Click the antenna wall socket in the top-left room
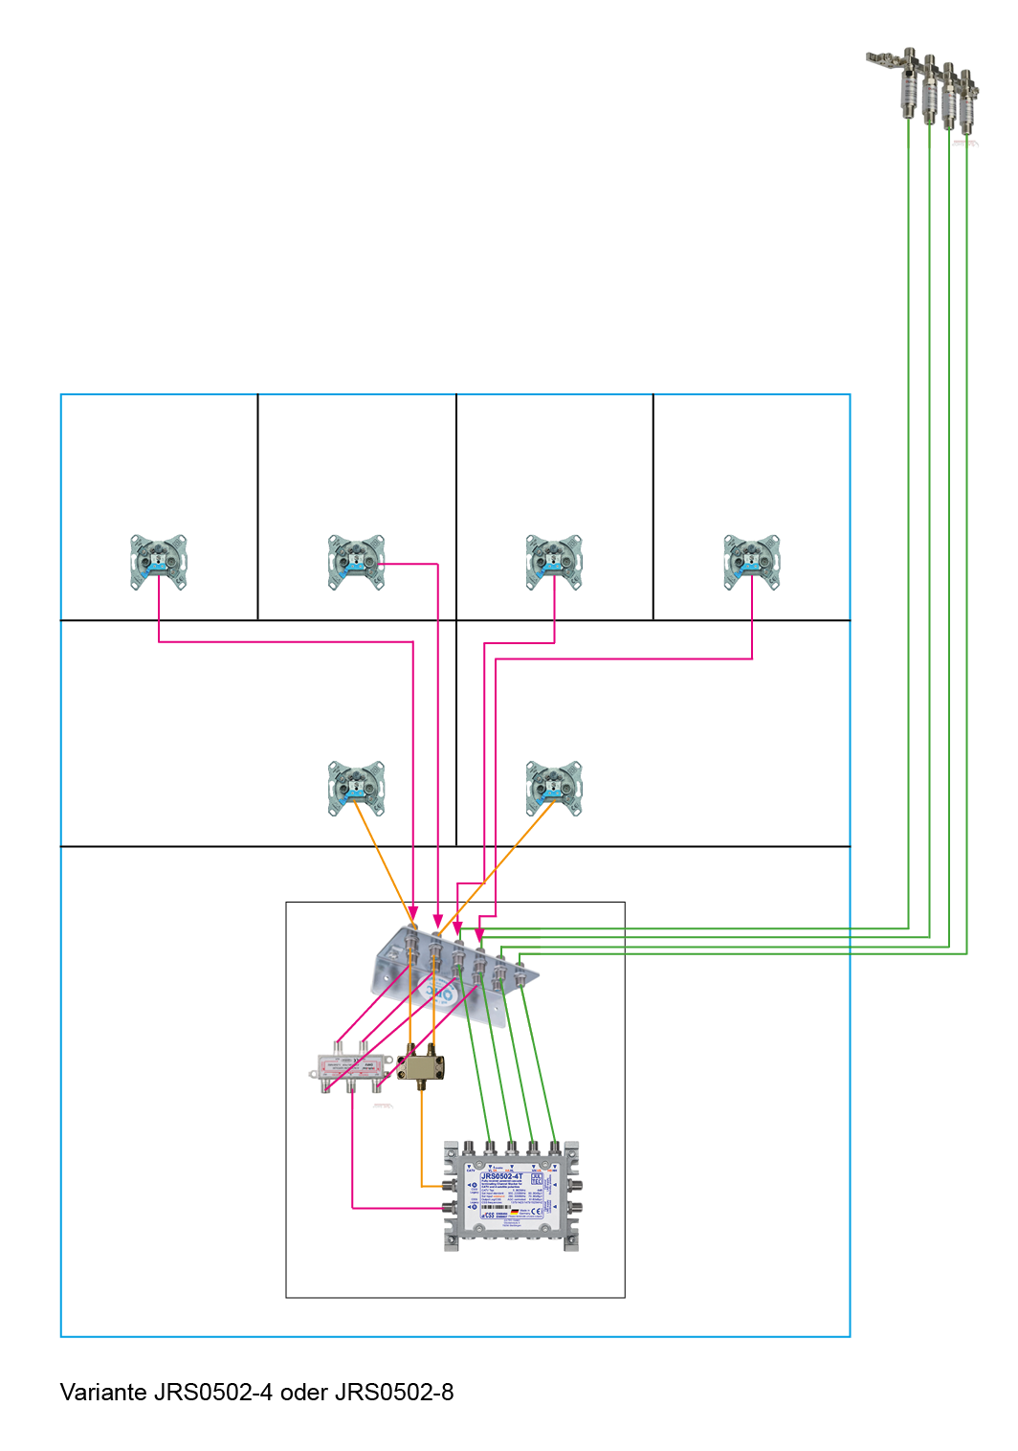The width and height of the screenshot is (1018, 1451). [x=159, y=562]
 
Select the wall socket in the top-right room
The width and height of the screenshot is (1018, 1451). [x=752, y=562]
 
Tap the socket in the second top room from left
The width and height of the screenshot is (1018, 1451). [x=356, y=562]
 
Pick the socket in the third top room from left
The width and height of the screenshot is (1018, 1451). [x=554, y=562]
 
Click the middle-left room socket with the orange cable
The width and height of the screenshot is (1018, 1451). [x=356, y=788]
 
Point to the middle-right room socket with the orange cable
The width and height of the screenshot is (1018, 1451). [x=554, y=788]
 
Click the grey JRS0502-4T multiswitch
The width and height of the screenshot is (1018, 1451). [x=512, y=1196]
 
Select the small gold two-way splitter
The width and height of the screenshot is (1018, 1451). [x=421, y=1065]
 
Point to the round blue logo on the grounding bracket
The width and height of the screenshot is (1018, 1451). [x=442, y=995]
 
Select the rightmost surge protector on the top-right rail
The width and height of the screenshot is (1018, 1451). [x=967, y=100]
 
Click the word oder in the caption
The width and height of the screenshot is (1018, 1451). [x=304, y=1393]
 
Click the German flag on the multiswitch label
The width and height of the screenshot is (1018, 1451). [x=514, y=1212]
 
